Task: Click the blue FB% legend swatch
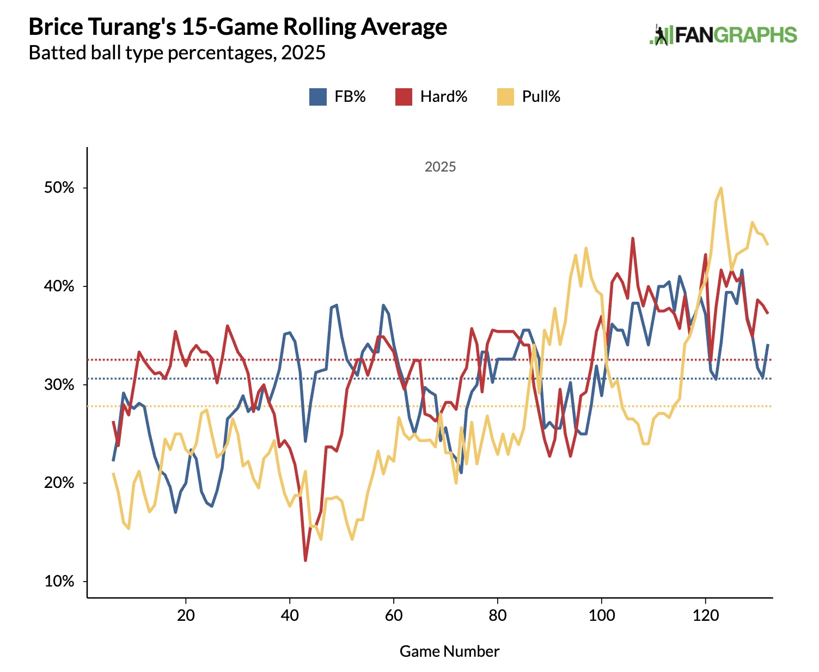click(318, 97)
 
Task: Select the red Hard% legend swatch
click(404, 97)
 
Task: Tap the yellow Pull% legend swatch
click(505, 97)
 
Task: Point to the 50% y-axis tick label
click(59, 188)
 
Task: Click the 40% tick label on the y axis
click(59, 286)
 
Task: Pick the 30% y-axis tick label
click(59, 384)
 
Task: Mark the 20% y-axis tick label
click(59, 483)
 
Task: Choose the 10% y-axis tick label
click(59, 582)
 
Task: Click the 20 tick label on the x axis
click(186, 615)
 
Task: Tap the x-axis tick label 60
click(394, 615)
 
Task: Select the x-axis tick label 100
click(601, 615)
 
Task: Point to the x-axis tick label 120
click(705, 615)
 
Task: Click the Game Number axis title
click(449, 651)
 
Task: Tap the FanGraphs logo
click(724, 35)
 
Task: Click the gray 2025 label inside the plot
click(440, 167)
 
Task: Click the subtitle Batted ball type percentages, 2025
click(177, 53)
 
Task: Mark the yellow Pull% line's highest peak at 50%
click(721, 188)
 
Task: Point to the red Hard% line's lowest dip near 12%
click(305, 560)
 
